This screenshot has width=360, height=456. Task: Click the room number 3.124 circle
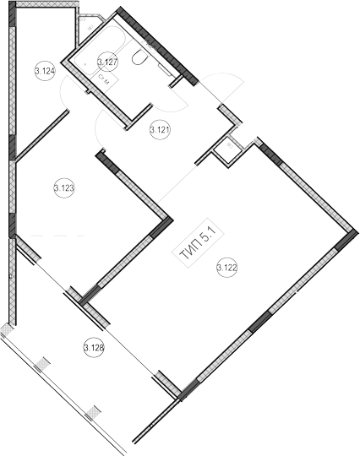(x=45, y=71)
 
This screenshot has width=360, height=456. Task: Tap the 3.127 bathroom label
(x=107, y=62)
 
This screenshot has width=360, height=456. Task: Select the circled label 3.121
(x=160, y=129)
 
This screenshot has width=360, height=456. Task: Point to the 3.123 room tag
(x=64, y=187)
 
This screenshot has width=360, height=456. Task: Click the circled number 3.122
(x=227, y=267)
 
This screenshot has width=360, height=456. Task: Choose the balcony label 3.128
(x=94, y=347)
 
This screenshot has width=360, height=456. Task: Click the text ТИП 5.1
(x=198, y=243)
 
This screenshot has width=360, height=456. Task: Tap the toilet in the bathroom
(x=140, y=57)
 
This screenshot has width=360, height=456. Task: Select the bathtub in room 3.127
(x=98, y=50)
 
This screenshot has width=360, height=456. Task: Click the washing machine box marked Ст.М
(x=104, y=79)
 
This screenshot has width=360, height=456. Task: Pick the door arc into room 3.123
(x=97, y=128)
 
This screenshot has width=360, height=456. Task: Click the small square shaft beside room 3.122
(x=227, y=152)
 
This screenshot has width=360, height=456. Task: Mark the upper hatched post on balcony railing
(x=42, y=363)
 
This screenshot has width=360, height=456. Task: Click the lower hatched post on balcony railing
(x=93, y=412)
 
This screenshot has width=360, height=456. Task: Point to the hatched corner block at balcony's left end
(x=6, y=330)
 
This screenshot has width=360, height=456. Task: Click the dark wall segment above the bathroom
(x=157, y=46)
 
